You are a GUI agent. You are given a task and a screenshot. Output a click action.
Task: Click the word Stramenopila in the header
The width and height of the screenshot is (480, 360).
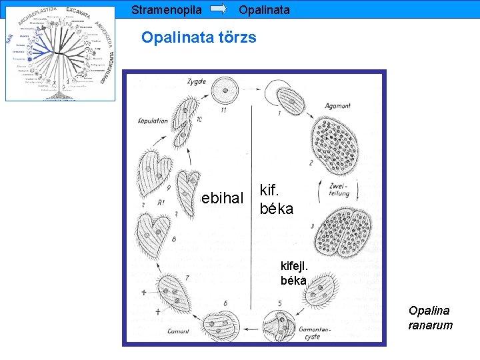[167, 10]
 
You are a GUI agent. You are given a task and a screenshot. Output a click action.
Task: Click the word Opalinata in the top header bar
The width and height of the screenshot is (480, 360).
[263, 10]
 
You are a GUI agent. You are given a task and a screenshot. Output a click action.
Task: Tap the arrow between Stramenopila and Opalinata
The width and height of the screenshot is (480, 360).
[219, 9]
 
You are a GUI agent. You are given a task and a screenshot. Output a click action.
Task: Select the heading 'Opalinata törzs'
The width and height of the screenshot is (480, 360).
[199, 37]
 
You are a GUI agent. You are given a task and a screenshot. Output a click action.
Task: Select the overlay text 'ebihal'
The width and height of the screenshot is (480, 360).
[223, 197]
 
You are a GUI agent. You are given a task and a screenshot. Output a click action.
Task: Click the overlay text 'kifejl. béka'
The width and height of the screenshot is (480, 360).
[294, 274]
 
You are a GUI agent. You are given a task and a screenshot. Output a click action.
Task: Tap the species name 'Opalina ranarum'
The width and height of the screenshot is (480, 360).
[430, 318]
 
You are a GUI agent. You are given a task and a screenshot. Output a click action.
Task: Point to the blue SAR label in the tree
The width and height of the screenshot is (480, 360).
[9, 38]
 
